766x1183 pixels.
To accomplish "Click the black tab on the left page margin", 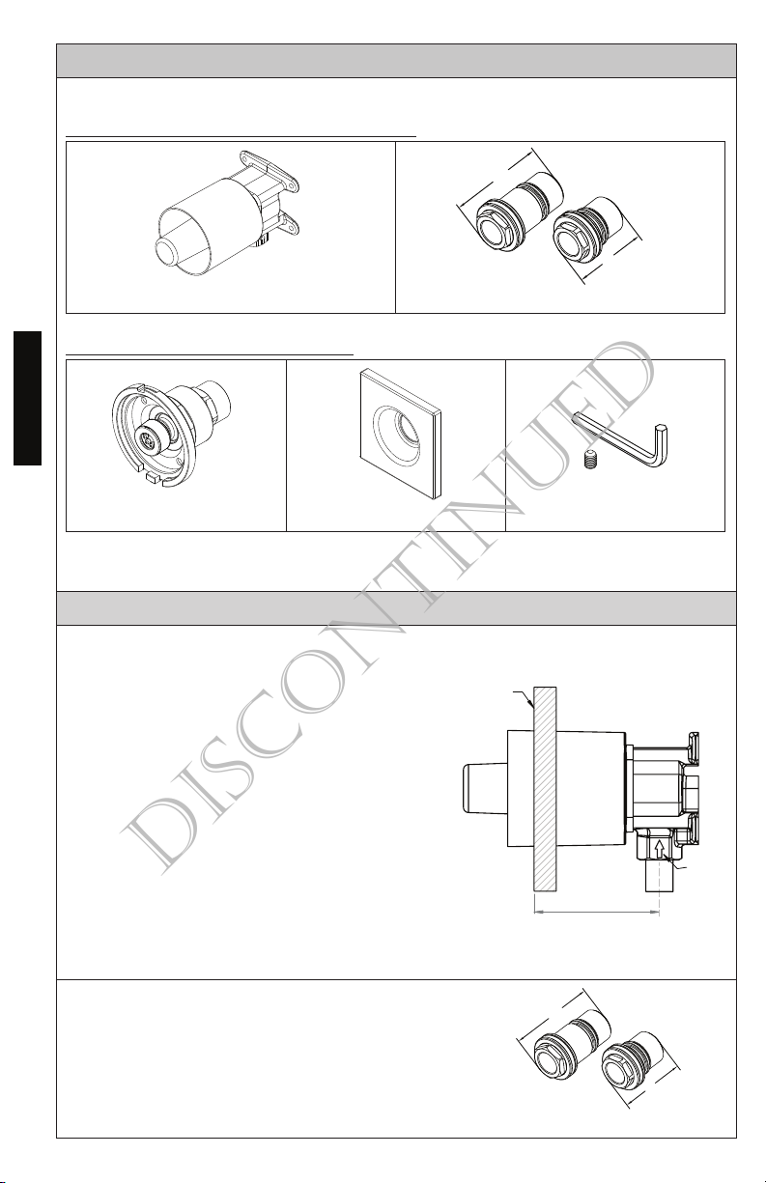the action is [x=27, y=398].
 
